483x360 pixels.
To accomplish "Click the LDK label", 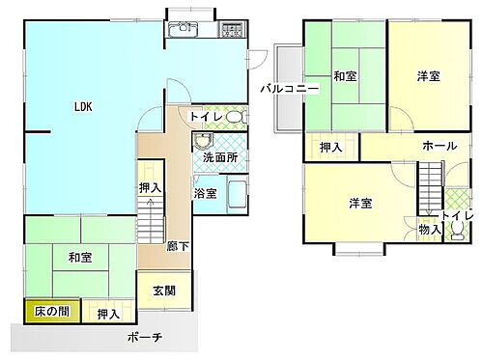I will tap(82, 108).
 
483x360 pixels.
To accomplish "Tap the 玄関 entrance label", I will tap(162, 291).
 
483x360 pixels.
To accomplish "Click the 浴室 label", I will tap(205, 193).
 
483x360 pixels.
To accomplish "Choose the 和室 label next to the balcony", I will tap(346, 76).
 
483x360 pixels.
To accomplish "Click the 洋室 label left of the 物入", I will tap(361, 204).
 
